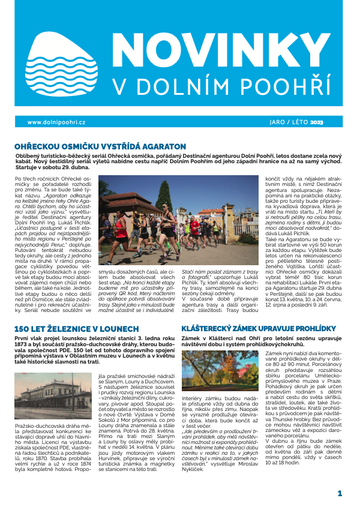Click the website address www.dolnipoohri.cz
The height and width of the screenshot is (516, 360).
point(57,122)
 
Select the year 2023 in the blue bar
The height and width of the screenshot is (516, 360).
point(317,122)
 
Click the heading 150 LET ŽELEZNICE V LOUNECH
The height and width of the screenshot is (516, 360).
point(74,329)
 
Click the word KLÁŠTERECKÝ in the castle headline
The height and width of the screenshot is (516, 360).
point(215,329)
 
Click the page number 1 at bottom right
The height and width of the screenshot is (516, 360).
point(340,493)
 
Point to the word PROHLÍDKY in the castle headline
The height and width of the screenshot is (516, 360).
point(317,329)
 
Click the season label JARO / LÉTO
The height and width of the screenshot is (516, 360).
point(284,122)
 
